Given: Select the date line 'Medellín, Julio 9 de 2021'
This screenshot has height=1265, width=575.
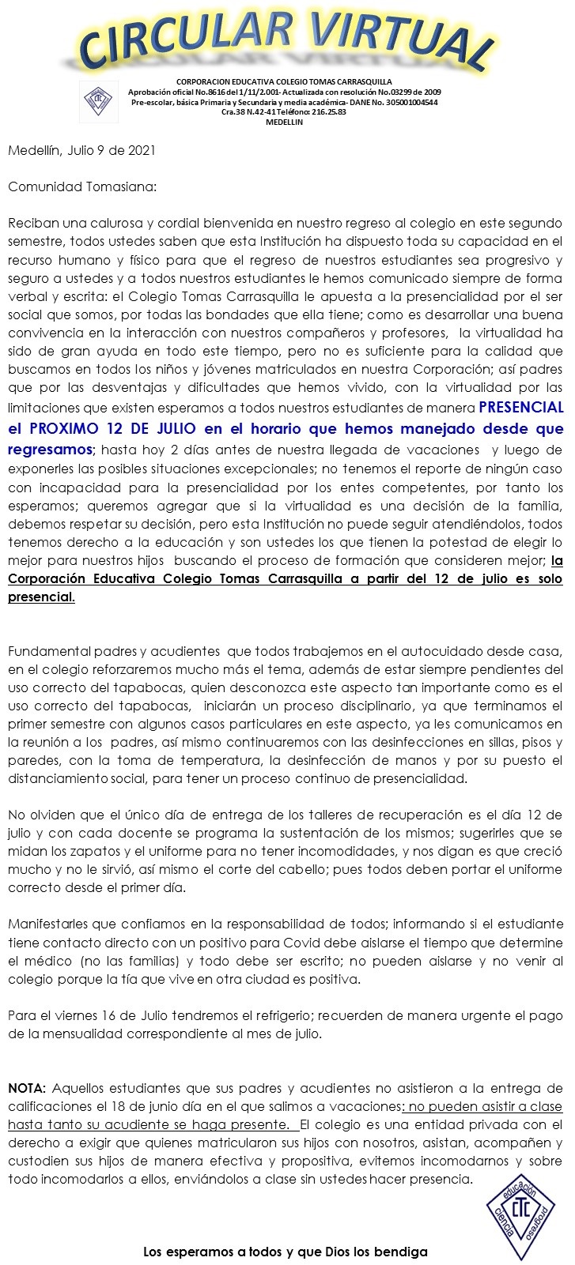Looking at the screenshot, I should point(81,149).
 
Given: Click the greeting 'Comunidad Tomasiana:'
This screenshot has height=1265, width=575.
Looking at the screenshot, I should point(82,187).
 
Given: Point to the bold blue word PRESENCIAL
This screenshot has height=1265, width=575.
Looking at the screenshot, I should point(521,408).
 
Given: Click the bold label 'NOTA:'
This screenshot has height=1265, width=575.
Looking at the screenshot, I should point(28,1088).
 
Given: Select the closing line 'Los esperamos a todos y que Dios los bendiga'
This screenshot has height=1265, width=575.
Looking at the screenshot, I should point(285,1252).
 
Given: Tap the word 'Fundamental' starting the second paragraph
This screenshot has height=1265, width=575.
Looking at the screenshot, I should point(49,651).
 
